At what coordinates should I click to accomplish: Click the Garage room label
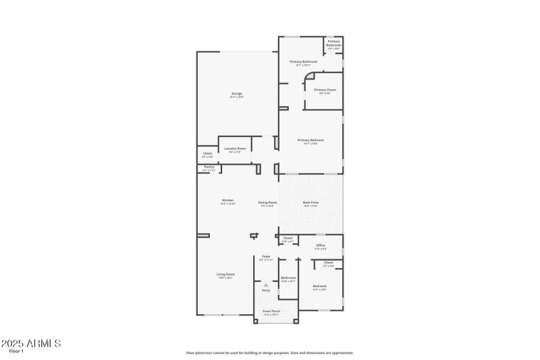237,93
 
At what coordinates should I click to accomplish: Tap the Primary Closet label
325,90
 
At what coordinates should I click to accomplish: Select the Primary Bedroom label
310,140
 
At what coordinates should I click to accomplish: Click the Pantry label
209,166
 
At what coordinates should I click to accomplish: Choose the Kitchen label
228,201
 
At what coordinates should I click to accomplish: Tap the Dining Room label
268,203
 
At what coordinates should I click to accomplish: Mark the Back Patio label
310,203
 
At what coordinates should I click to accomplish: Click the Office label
320,245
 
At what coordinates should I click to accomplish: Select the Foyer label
267,257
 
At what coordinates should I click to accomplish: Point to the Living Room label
225,274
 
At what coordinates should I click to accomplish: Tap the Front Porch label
271,311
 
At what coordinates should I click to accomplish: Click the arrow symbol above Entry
266,285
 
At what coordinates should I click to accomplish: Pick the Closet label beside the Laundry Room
207,153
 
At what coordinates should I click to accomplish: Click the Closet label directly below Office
328,263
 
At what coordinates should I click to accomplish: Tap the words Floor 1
16,352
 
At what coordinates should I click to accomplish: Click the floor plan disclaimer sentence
270,353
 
